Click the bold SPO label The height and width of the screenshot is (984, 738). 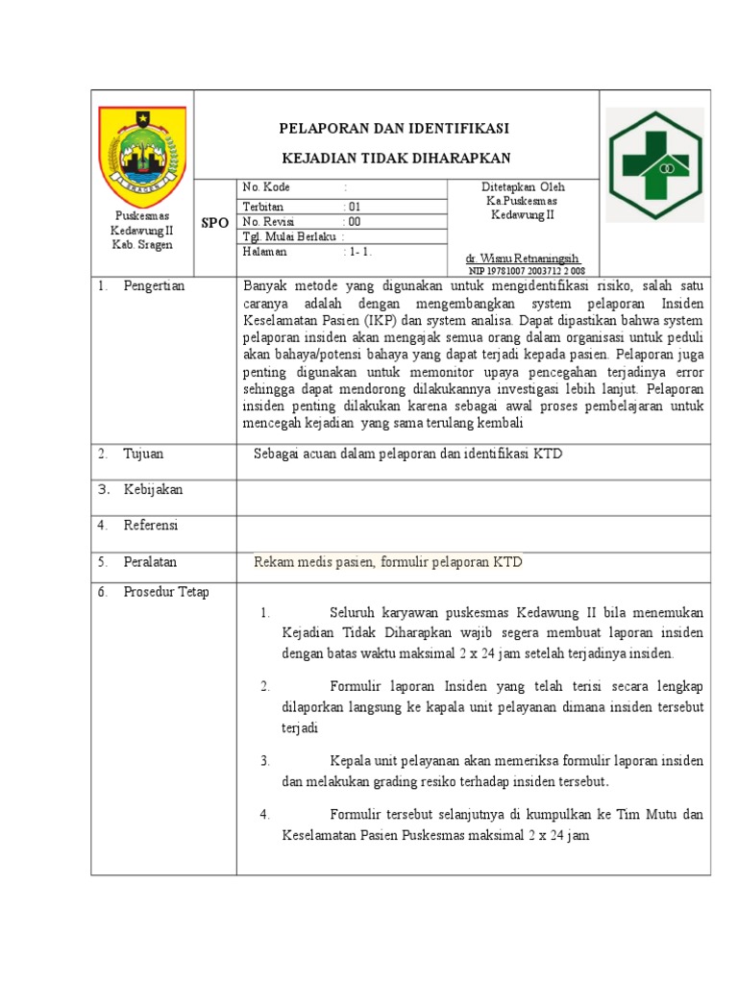pyautogui.click(x=214, y=223)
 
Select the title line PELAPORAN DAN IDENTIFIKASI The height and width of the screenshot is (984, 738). pyautogui.click(x=394, y=128)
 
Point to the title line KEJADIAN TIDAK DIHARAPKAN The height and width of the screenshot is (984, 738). pyautogui.click(x=395, y=158)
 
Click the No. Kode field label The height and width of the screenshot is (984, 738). pyautogui.click(x=266, y=187)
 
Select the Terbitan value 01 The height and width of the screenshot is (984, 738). pyautogui.click(x=354, y=207)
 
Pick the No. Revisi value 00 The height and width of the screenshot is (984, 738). pyautogui.click(x=354, y=221)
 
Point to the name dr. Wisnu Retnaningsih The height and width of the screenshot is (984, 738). pyautogui.click(x=522, y=259)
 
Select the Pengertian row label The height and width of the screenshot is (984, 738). pyautogui.click(x=154, y=286)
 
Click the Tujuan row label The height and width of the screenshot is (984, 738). pyautogui.click(x=144, y=454)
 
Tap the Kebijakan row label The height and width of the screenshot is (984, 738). pyautogui.click(x=153, y=490)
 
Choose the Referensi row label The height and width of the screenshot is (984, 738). pyautogui.click(x=151, y=526)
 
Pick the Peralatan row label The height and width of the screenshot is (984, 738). pyautogui.click(x=150, y=562)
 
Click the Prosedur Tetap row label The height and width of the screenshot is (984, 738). pyautogui.click(x=166, y=592)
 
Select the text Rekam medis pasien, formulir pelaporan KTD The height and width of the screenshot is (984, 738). pyautogui.click(x=387, y=562)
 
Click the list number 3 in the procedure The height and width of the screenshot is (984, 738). pyautogui.click(x=265, y=761)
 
